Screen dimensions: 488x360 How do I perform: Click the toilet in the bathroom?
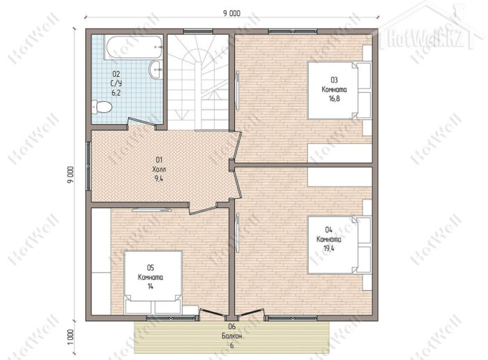click(x=102, y=107)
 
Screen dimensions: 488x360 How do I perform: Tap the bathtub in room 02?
click(x=134, y=47)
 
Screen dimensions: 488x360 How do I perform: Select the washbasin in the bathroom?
click(x=155, y=70)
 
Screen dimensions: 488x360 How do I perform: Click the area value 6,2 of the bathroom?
click(x=116, y=93)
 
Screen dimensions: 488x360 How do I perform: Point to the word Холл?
click(x=159, y=170)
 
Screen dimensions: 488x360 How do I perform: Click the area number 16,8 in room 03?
click(x=334, y=99)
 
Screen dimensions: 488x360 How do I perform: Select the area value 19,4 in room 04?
click(x=328, y=248)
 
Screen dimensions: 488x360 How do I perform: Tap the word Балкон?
click(x=232, y=336)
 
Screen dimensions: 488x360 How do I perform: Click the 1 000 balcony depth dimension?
click(x=71, y=337)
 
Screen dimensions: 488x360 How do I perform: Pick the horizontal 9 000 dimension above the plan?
click(x=231, y=13)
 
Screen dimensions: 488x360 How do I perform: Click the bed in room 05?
click(x=153, y=282)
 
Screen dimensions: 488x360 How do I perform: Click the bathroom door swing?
click(x=142, y=123)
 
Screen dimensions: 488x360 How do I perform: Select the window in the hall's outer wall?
click(x=89, y=166)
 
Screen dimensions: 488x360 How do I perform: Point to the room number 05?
click(x=151, y=267)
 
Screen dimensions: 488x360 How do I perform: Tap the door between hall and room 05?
click(x=203, y=208)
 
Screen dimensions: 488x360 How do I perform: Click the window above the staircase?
click(x=198, y=31)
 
